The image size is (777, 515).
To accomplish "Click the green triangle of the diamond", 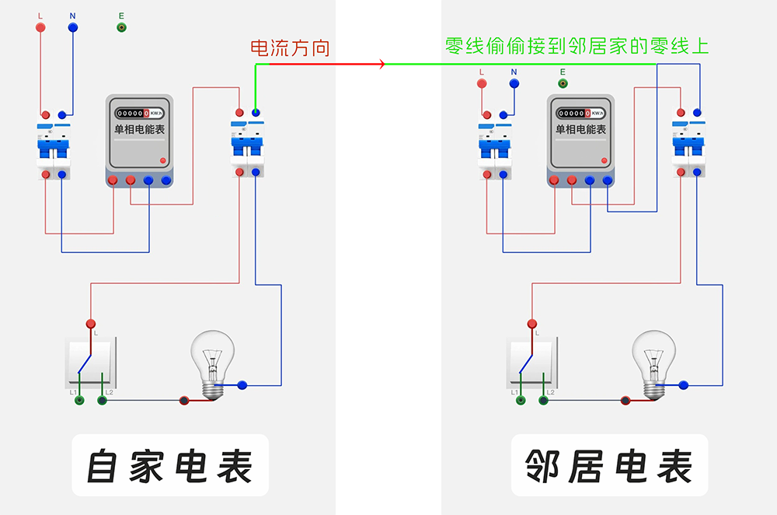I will [409, 64].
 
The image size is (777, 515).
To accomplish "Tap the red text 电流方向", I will [290, 48].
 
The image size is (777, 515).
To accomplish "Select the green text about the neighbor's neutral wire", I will [577, 46].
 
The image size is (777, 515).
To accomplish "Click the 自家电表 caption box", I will [170, 465].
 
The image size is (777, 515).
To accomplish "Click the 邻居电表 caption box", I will [609, 465].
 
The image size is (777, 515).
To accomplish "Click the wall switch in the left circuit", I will [90, 363].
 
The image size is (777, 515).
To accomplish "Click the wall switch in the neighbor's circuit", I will [531, 363].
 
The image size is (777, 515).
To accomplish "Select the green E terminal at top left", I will [121, 27].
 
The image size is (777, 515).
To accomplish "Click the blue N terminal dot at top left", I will [72, 27].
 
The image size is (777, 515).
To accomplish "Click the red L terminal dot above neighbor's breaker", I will [482, 82].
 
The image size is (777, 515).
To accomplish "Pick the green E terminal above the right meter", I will [563, 82].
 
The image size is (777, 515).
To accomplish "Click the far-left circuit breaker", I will [53, 145].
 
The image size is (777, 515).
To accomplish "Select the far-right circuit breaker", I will [688, 142].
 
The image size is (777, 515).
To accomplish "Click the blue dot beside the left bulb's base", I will [242, 384].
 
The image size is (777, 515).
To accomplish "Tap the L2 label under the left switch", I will [110, 392].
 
